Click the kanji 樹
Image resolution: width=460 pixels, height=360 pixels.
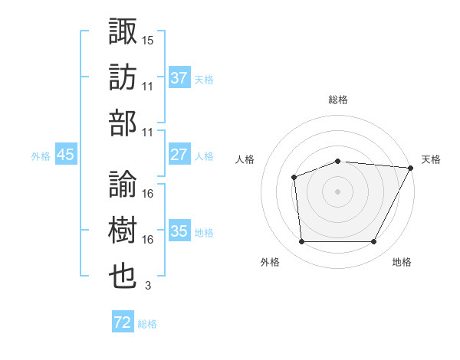pos(123,231)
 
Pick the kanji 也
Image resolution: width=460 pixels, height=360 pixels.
pos(123,277)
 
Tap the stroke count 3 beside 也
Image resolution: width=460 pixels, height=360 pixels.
pos(148,286)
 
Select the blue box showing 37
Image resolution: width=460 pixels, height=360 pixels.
pos(179,78)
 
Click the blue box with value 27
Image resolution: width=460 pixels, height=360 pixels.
pos(179,155)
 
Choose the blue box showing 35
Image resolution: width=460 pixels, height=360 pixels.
pos(179,231)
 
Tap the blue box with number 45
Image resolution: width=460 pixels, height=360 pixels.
pos(66,155)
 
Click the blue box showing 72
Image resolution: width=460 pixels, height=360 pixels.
pos(123,322)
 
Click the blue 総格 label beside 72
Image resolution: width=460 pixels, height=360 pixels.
pos(147,324)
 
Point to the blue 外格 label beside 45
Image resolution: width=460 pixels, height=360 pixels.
pos(41,156)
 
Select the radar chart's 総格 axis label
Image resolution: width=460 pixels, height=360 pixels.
pos(337,100)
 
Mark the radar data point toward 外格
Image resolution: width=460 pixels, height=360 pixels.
pos(301,242)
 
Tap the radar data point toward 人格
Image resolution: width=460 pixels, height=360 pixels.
pos(294,177)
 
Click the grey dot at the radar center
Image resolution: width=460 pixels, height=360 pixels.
pos(337,191)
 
